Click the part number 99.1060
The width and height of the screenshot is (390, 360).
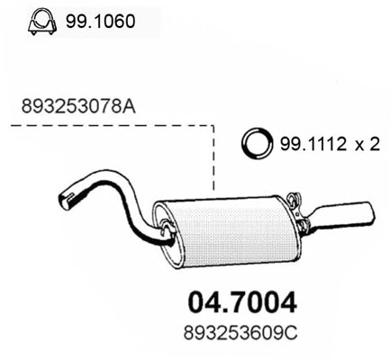click(99, 20)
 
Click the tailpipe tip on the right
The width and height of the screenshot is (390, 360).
click(356, 212)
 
